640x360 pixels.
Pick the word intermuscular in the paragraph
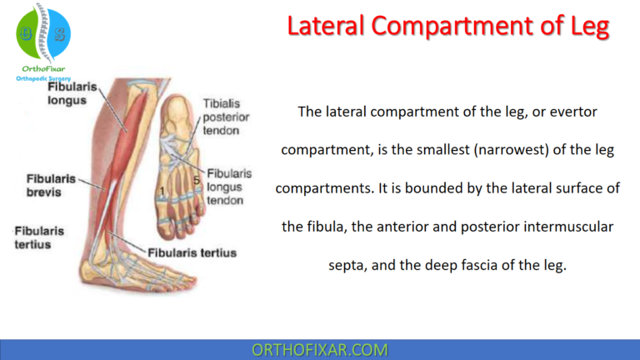[x=574, y=227]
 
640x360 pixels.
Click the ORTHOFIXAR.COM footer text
[x=319, y=349]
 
